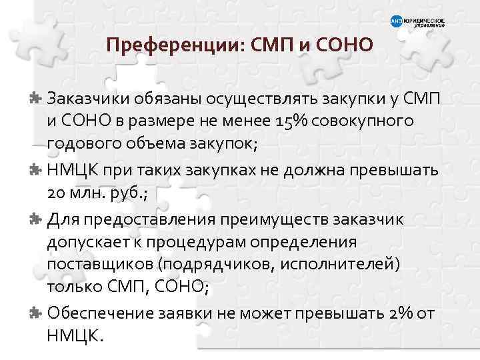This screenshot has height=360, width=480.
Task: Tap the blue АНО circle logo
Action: (395, 23)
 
